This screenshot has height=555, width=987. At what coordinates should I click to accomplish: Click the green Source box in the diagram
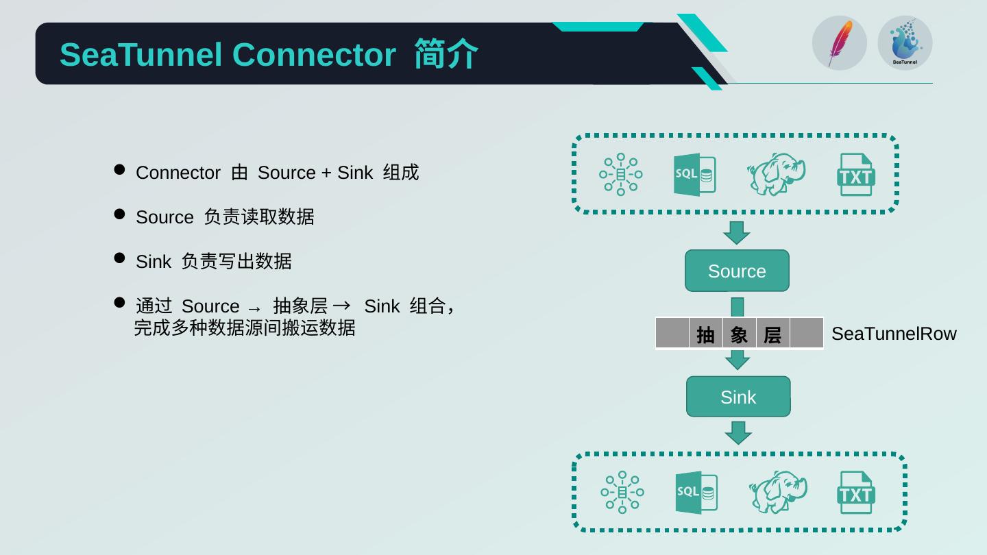click(737, 271)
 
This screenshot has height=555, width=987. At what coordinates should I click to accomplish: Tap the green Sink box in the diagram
click(738, 397)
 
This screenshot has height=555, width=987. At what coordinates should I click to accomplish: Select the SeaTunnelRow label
click(893, 334)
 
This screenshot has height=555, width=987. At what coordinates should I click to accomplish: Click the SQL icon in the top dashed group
click(694, 175)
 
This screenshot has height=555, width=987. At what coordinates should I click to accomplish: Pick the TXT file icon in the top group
click(855, 175)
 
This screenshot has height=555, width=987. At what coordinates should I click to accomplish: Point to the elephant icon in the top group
click(776, 174)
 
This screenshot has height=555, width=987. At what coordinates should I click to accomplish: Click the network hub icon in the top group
click(621, 174)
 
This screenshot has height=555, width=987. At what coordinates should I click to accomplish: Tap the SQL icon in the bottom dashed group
click(696, 493)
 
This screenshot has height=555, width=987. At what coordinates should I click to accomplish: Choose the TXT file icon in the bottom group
click(855, 493)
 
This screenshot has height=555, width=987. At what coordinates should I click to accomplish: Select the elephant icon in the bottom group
click(778, 492)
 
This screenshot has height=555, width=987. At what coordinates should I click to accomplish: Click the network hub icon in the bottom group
click(622, 492)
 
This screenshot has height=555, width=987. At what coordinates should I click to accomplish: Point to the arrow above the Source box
click(737, 233)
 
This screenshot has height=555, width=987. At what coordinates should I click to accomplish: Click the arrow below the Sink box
click(738, 433)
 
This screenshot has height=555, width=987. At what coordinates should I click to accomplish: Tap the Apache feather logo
click(840, 43)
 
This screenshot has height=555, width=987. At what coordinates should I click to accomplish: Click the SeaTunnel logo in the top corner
click(905, 43)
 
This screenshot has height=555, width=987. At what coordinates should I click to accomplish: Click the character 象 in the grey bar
click(739, 335)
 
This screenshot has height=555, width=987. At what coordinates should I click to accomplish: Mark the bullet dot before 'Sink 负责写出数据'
click(119, 258)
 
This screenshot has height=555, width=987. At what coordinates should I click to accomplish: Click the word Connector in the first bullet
click(178, 173)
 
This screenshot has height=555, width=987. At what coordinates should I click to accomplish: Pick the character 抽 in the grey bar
click(705, 335)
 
